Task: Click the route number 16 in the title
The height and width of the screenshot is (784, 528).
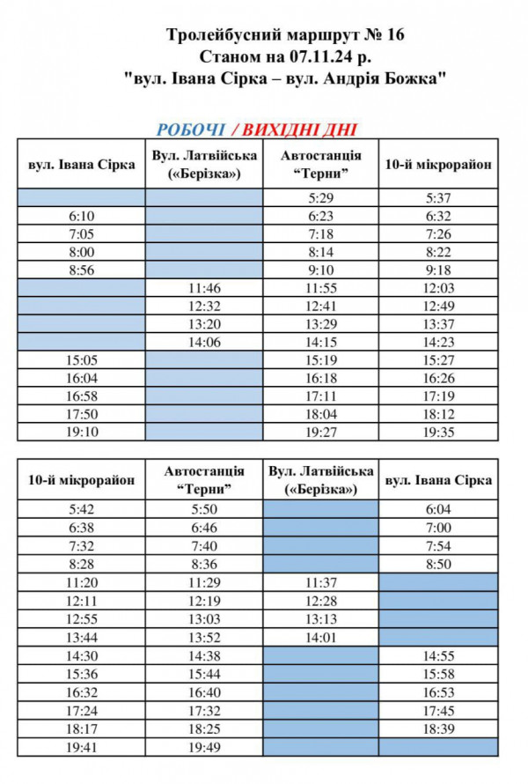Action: pyautogui.click(x=394, y=36)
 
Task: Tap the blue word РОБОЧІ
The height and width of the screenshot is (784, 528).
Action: pyautogui.click(x=190, y=129)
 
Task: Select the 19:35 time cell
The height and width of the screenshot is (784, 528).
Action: pyautogui.click(x=438, y=433)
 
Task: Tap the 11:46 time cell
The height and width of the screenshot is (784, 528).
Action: pyautogui.click(x=205, y=288)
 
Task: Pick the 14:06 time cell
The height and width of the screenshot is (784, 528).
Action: pyautogui.click(x=205, y=342)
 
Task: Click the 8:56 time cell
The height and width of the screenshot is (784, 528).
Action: pyautogui.click(x=81, y=270)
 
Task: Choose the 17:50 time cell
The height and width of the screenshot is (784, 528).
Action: pyautogui.click(x=81, y=414)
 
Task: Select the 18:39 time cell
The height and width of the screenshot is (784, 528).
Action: pyautogui.click(x=437, y=728)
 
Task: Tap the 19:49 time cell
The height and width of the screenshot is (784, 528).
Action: pyautogui.click(x=204, y=747)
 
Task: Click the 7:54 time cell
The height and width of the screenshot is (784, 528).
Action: pyautogui.click(x=437, y=546)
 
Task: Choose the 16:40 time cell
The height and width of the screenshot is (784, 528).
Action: pyautogui.click(x=204, y=692)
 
